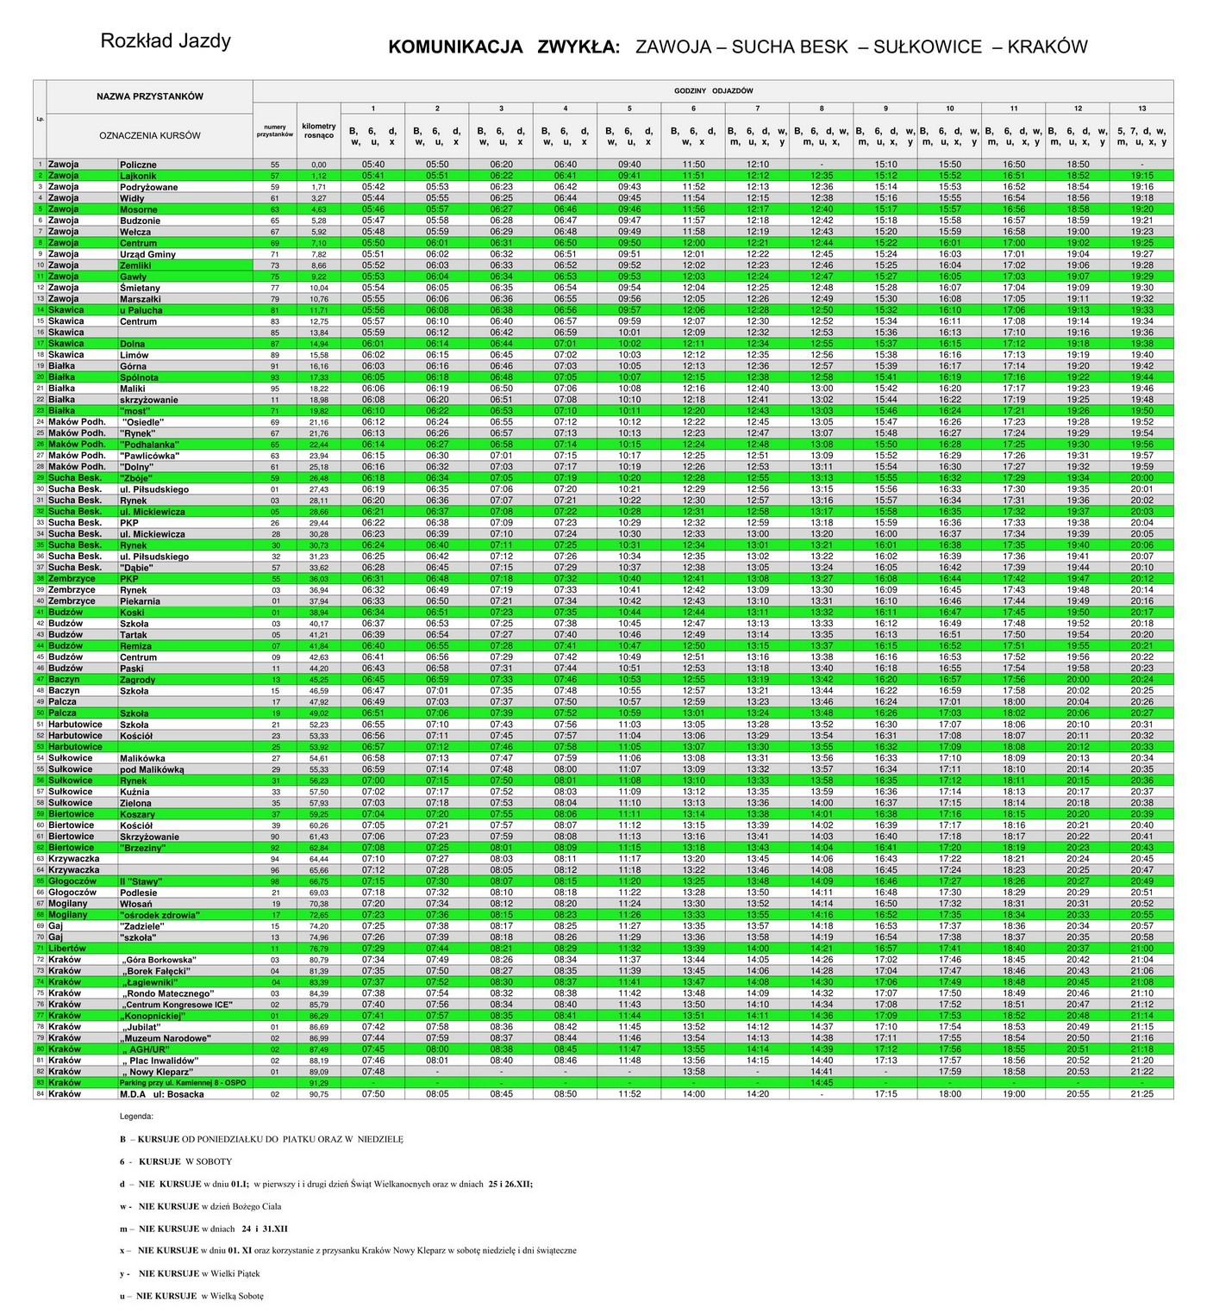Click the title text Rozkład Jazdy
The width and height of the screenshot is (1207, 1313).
[x=166, y=41]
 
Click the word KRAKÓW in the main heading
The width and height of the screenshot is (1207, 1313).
[x=1047, y=47]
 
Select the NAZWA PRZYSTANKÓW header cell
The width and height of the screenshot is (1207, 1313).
[x=150, y=96]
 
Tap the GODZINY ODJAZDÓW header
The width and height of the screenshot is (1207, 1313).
[x=713, y=90]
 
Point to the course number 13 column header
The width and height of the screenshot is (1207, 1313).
[x=1141, y=109]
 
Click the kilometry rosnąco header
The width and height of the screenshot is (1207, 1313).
[x=318, y=131]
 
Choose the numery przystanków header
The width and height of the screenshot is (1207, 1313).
[x=275, y=131]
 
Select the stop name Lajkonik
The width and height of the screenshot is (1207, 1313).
[x=138, y=176]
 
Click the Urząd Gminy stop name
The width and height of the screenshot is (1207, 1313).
[x=147, y=254]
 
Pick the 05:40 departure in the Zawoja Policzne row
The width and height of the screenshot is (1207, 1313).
[x=373, y=165]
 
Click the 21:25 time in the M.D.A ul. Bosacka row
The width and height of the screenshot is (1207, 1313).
[x=1141, y=1094]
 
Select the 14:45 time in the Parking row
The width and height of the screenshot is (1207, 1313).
[x=822, y=1083]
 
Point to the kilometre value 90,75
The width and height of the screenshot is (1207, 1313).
[x=318, y=1094]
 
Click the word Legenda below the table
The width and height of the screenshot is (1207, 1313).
[x=138, y=1117]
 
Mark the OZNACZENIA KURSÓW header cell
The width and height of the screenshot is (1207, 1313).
[x=150, y=135]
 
